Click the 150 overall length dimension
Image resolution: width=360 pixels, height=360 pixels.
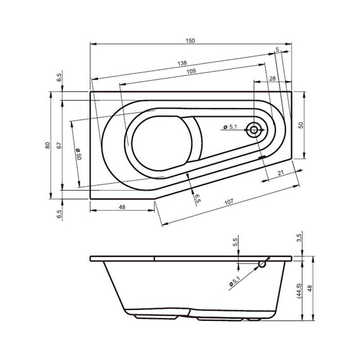191,40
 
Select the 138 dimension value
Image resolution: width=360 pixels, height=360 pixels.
182,64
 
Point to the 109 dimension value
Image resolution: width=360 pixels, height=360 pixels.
191,71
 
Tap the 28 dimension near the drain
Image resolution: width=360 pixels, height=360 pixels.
272,78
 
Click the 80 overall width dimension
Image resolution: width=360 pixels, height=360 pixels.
47,145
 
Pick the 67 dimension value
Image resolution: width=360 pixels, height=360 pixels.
58,145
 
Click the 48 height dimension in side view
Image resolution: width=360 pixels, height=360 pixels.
309,289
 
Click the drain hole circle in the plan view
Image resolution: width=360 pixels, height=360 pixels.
255,131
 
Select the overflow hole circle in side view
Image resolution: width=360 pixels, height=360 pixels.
262,265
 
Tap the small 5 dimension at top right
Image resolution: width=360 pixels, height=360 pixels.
277,49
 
